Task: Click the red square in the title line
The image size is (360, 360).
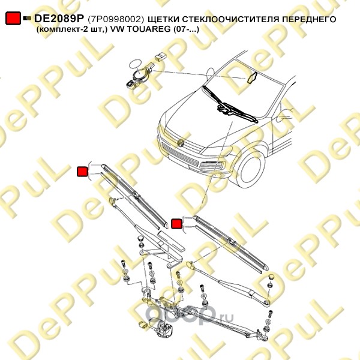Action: [13, 18]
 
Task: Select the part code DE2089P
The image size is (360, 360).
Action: [59, 19]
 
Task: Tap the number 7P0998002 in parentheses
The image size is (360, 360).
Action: [116, 19]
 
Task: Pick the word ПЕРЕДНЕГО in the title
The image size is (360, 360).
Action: [309, 19]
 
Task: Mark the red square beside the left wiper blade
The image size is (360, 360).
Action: [82, 172]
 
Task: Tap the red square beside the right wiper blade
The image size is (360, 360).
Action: [177, 223]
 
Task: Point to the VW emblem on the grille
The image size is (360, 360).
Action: [181, 142]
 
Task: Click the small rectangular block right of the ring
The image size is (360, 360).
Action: [161, 56]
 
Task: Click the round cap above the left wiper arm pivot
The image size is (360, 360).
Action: [140, 238]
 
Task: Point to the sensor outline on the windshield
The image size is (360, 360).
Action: [251, 77]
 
